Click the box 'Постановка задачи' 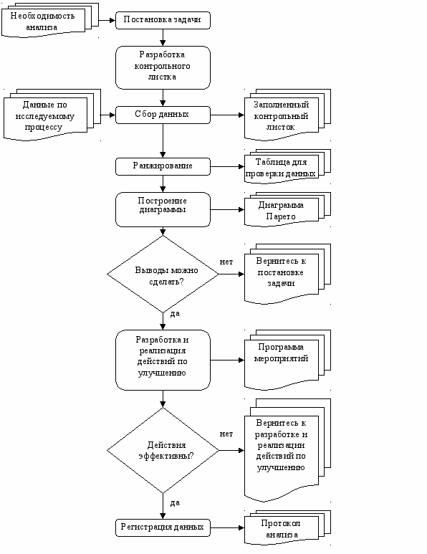(163, 20)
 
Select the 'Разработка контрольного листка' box (163, 67)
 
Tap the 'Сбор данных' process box (163, 115)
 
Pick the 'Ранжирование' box (163, 166)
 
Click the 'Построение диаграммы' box (163, 209)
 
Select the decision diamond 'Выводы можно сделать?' (163, 274)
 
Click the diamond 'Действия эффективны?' (163, 451)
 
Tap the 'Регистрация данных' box (163, 528)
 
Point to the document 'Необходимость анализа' (50, 20)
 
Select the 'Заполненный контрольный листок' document (287, 115)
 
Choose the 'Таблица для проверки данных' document (287, 166)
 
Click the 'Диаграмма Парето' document (287, 209)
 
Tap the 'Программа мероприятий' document (287, 360)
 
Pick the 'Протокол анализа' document (287, 528)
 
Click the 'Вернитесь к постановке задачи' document (287, 274)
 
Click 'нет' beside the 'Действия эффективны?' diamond (226, 434)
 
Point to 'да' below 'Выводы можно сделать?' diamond (175, 314)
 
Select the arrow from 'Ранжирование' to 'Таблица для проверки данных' (227, 166)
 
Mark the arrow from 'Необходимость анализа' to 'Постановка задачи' (107, 20)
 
